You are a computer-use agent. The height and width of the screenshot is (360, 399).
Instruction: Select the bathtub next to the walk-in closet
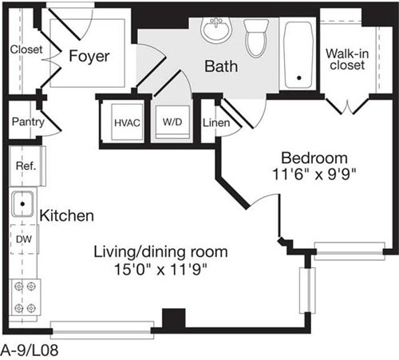pos(299,53)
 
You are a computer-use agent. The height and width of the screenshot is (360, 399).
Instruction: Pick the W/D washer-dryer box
pos(172,123)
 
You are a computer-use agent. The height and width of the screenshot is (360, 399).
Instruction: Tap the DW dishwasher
pos(23,238)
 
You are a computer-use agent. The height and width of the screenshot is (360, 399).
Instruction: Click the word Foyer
pos(88,57)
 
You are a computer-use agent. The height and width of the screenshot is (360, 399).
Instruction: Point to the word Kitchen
pos(67,216)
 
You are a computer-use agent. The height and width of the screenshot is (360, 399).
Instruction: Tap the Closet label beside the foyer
pos(26,50)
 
